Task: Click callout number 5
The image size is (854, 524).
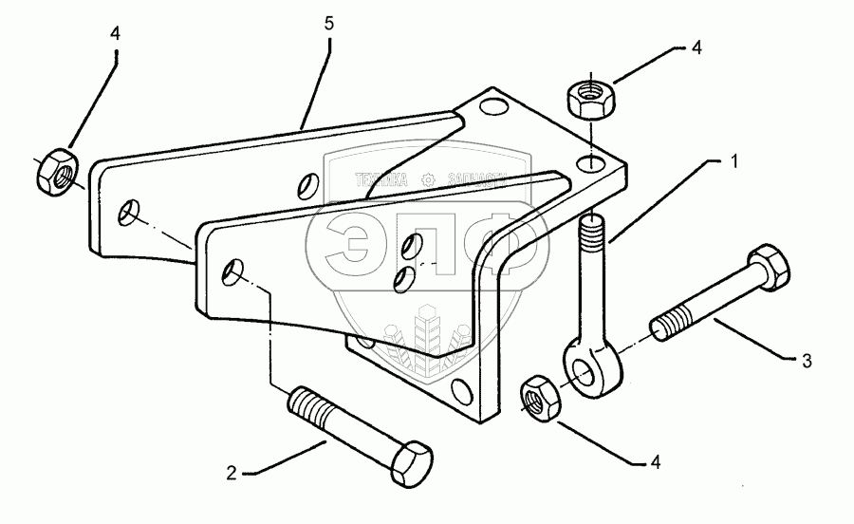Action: (x=328, y=24)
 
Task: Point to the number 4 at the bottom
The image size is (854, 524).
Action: (x=654, y=463)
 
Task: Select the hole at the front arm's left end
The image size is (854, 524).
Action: (x=232, y=276)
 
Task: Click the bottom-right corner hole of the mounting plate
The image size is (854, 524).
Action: (x=463, y=388)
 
